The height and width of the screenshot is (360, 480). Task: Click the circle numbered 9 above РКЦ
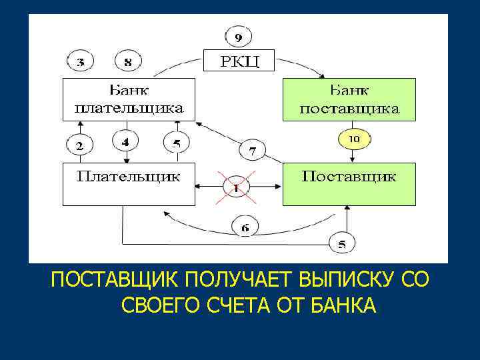point(238,35)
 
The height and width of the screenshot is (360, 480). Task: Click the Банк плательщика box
point(128,99)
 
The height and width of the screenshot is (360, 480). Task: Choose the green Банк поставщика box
point(349,99)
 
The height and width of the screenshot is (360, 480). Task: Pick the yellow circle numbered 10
point(353,139)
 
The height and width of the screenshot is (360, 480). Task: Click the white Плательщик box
point(128,184)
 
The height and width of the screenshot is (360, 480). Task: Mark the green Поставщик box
point(349,184)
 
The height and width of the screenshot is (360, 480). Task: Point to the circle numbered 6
point(246,227)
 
